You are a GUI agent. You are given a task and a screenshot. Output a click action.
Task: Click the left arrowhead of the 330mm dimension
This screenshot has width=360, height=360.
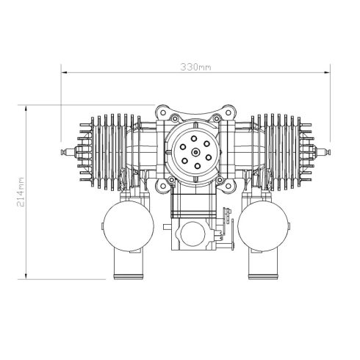tap(63, 73)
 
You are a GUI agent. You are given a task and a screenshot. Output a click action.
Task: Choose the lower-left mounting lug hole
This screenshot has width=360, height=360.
tap(159, 184)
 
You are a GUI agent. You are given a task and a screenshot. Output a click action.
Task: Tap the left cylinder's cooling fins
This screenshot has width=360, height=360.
tap(103, 151)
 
